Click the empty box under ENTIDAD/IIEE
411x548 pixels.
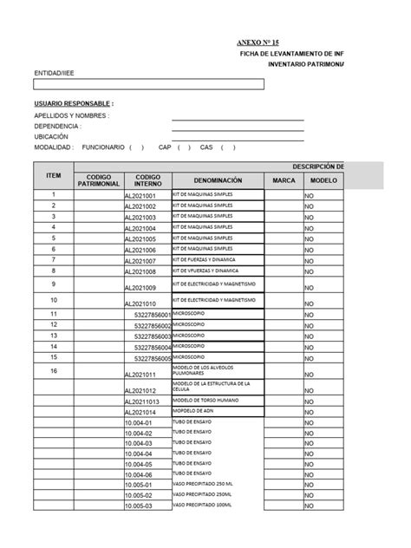148,85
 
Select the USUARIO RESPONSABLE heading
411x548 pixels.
74,103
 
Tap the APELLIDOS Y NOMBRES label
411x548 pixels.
72,115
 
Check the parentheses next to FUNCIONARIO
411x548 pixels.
137,147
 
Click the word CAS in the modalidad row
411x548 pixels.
206,147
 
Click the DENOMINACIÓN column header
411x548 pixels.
218,180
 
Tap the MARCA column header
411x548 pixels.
284,180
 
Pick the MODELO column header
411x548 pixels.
323,180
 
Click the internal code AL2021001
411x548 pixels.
140,197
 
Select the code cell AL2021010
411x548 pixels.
140,303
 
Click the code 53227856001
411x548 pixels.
153,315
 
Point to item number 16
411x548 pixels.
53,370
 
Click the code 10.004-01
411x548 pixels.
140,423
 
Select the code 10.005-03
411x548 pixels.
140,506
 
